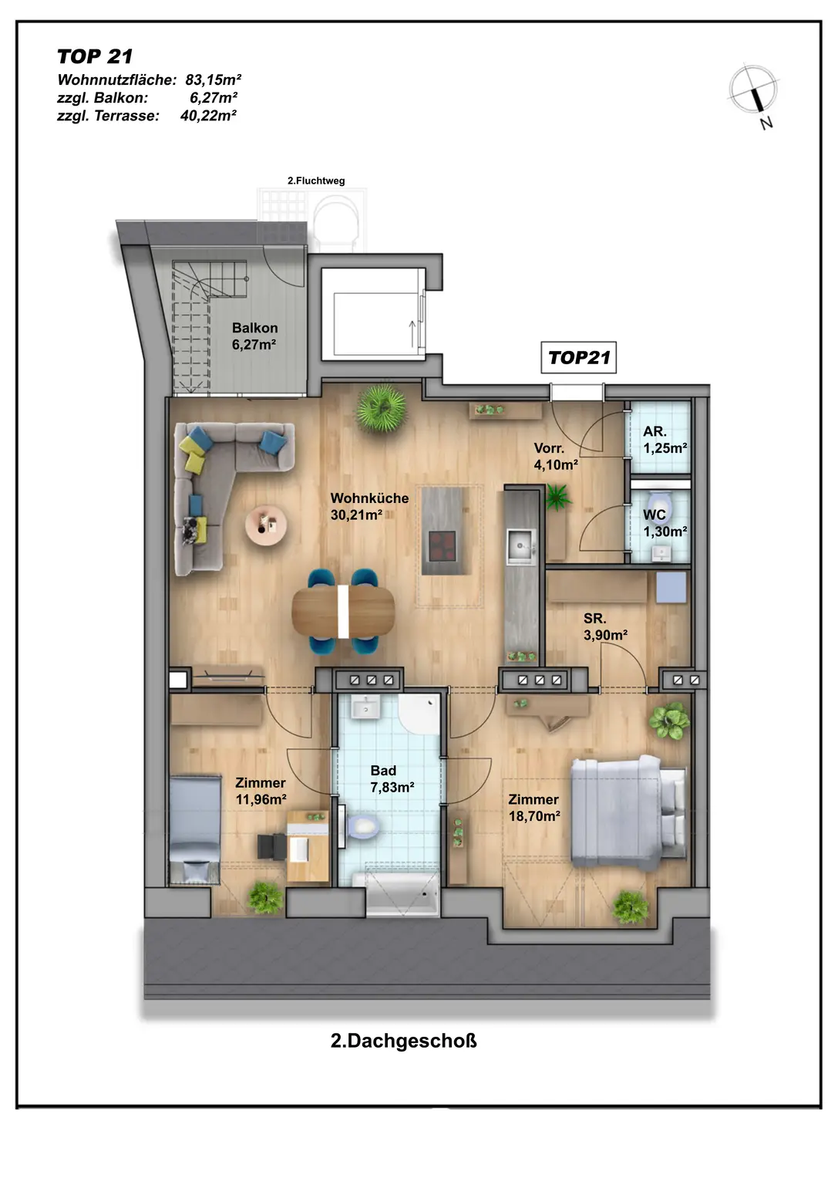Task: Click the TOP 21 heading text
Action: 95,56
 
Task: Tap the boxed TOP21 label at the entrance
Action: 579,358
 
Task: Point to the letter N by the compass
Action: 766,123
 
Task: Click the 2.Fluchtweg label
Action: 316,181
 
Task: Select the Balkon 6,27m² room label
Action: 254,336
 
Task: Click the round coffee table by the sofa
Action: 266,525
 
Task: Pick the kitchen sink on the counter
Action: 522,545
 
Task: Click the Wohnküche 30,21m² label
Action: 369,506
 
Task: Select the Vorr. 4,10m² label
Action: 556,456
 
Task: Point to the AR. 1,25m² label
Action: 665,440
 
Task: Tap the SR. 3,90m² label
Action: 605,626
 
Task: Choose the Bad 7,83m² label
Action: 392,778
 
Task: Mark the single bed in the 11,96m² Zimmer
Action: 194,830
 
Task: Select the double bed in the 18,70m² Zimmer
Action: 629,812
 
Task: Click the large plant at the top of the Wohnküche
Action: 381,408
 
